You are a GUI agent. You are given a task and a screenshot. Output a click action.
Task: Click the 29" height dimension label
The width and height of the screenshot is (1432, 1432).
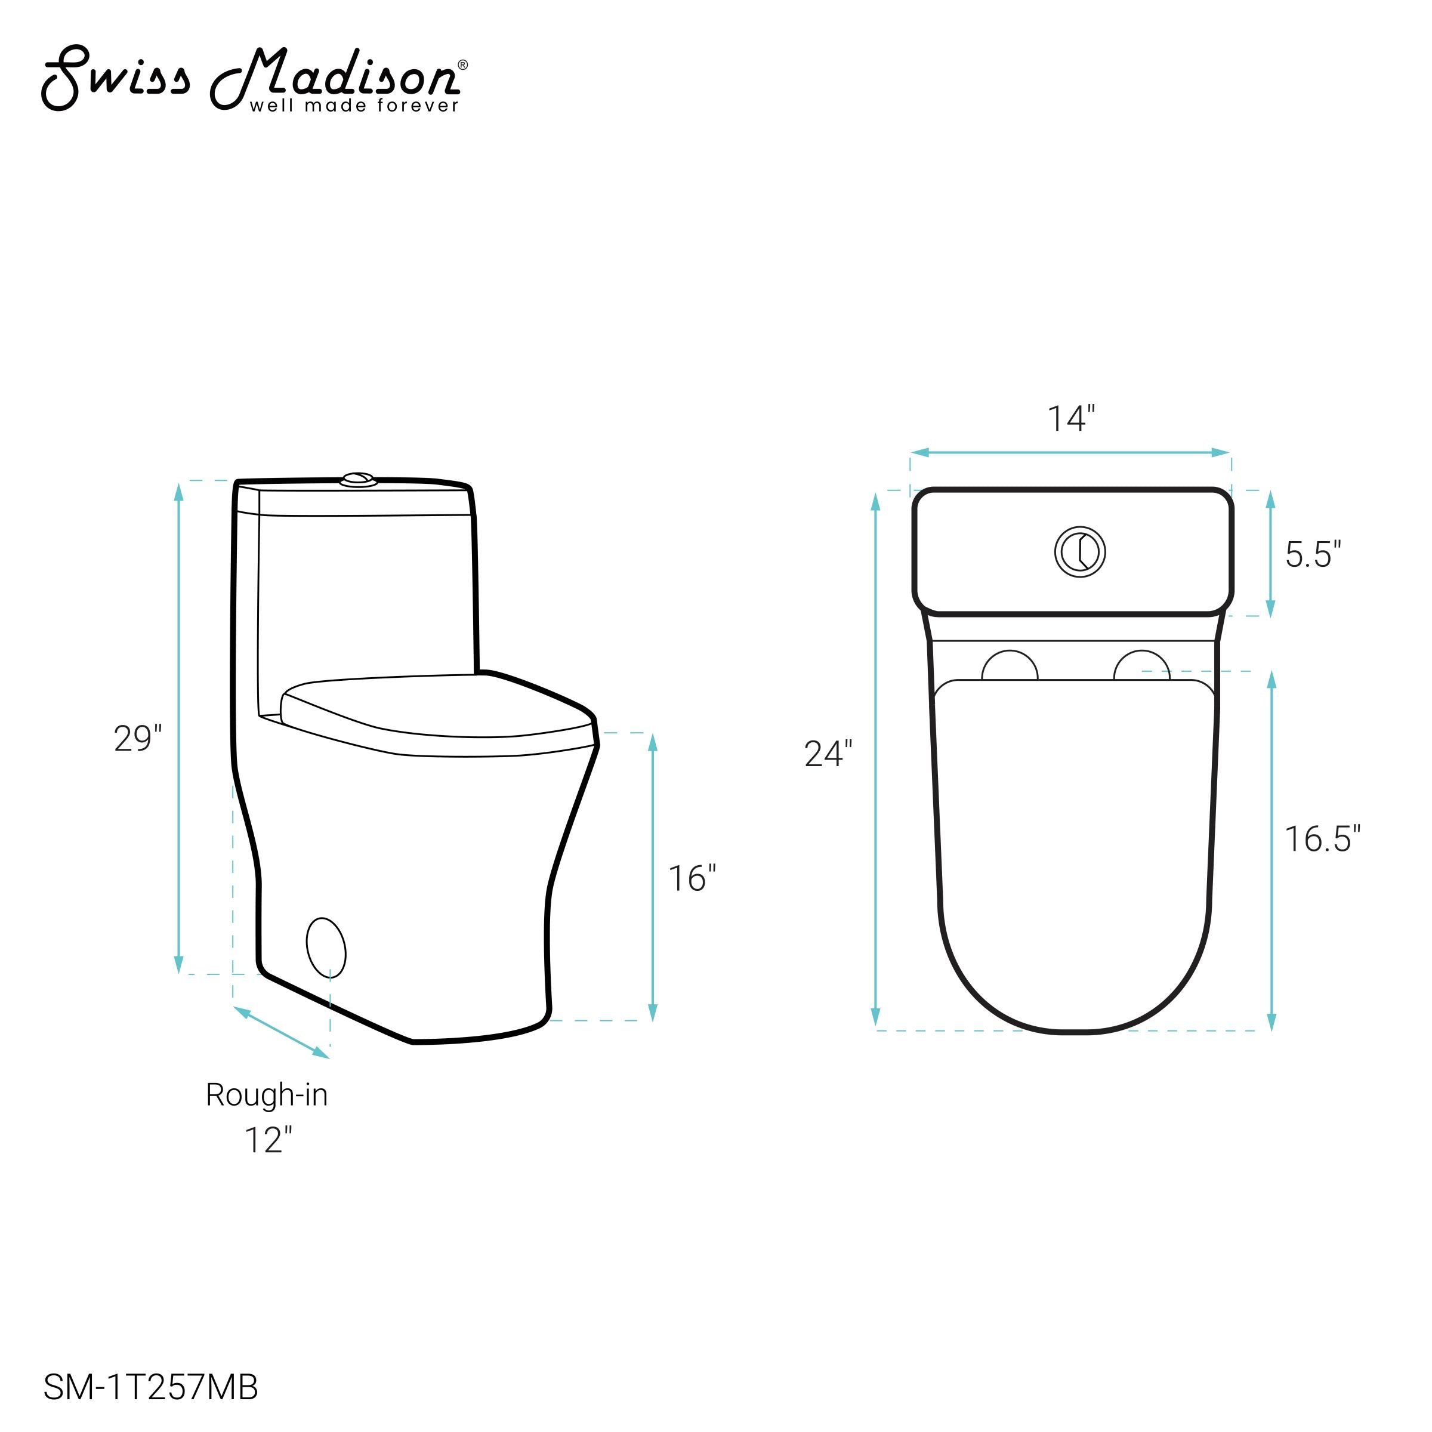(138, 739)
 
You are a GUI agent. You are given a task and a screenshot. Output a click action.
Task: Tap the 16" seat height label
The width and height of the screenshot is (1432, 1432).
(692, 879)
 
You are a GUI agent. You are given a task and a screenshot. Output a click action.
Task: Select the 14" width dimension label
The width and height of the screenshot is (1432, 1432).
(1070, 419)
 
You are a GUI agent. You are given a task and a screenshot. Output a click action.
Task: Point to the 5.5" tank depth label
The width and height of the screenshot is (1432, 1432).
(1313, 554)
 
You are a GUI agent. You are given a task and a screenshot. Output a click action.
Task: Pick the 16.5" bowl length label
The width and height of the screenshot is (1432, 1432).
(1322, 839)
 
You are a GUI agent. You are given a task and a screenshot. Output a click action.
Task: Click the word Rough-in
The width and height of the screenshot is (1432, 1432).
(267, 1095)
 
